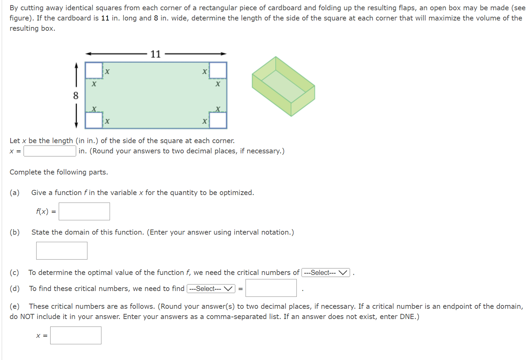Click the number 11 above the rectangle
[155, 54]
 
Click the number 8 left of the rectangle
[76, 96]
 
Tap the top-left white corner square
[94, 70]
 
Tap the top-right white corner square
[218, 70]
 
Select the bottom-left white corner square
[94, 120]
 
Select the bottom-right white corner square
[218, 120]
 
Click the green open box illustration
[283, 86]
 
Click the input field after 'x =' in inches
[50, 151]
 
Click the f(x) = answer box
[84, 211]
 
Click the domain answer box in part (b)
[62, 251]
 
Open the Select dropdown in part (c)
[325, 273]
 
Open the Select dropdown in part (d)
[211, 289]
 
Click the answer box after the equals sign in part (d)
[271, 288]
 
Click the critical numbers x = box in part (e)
[76, 335]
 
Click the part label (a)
[14, 193]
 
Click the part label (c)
[14, 273]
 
